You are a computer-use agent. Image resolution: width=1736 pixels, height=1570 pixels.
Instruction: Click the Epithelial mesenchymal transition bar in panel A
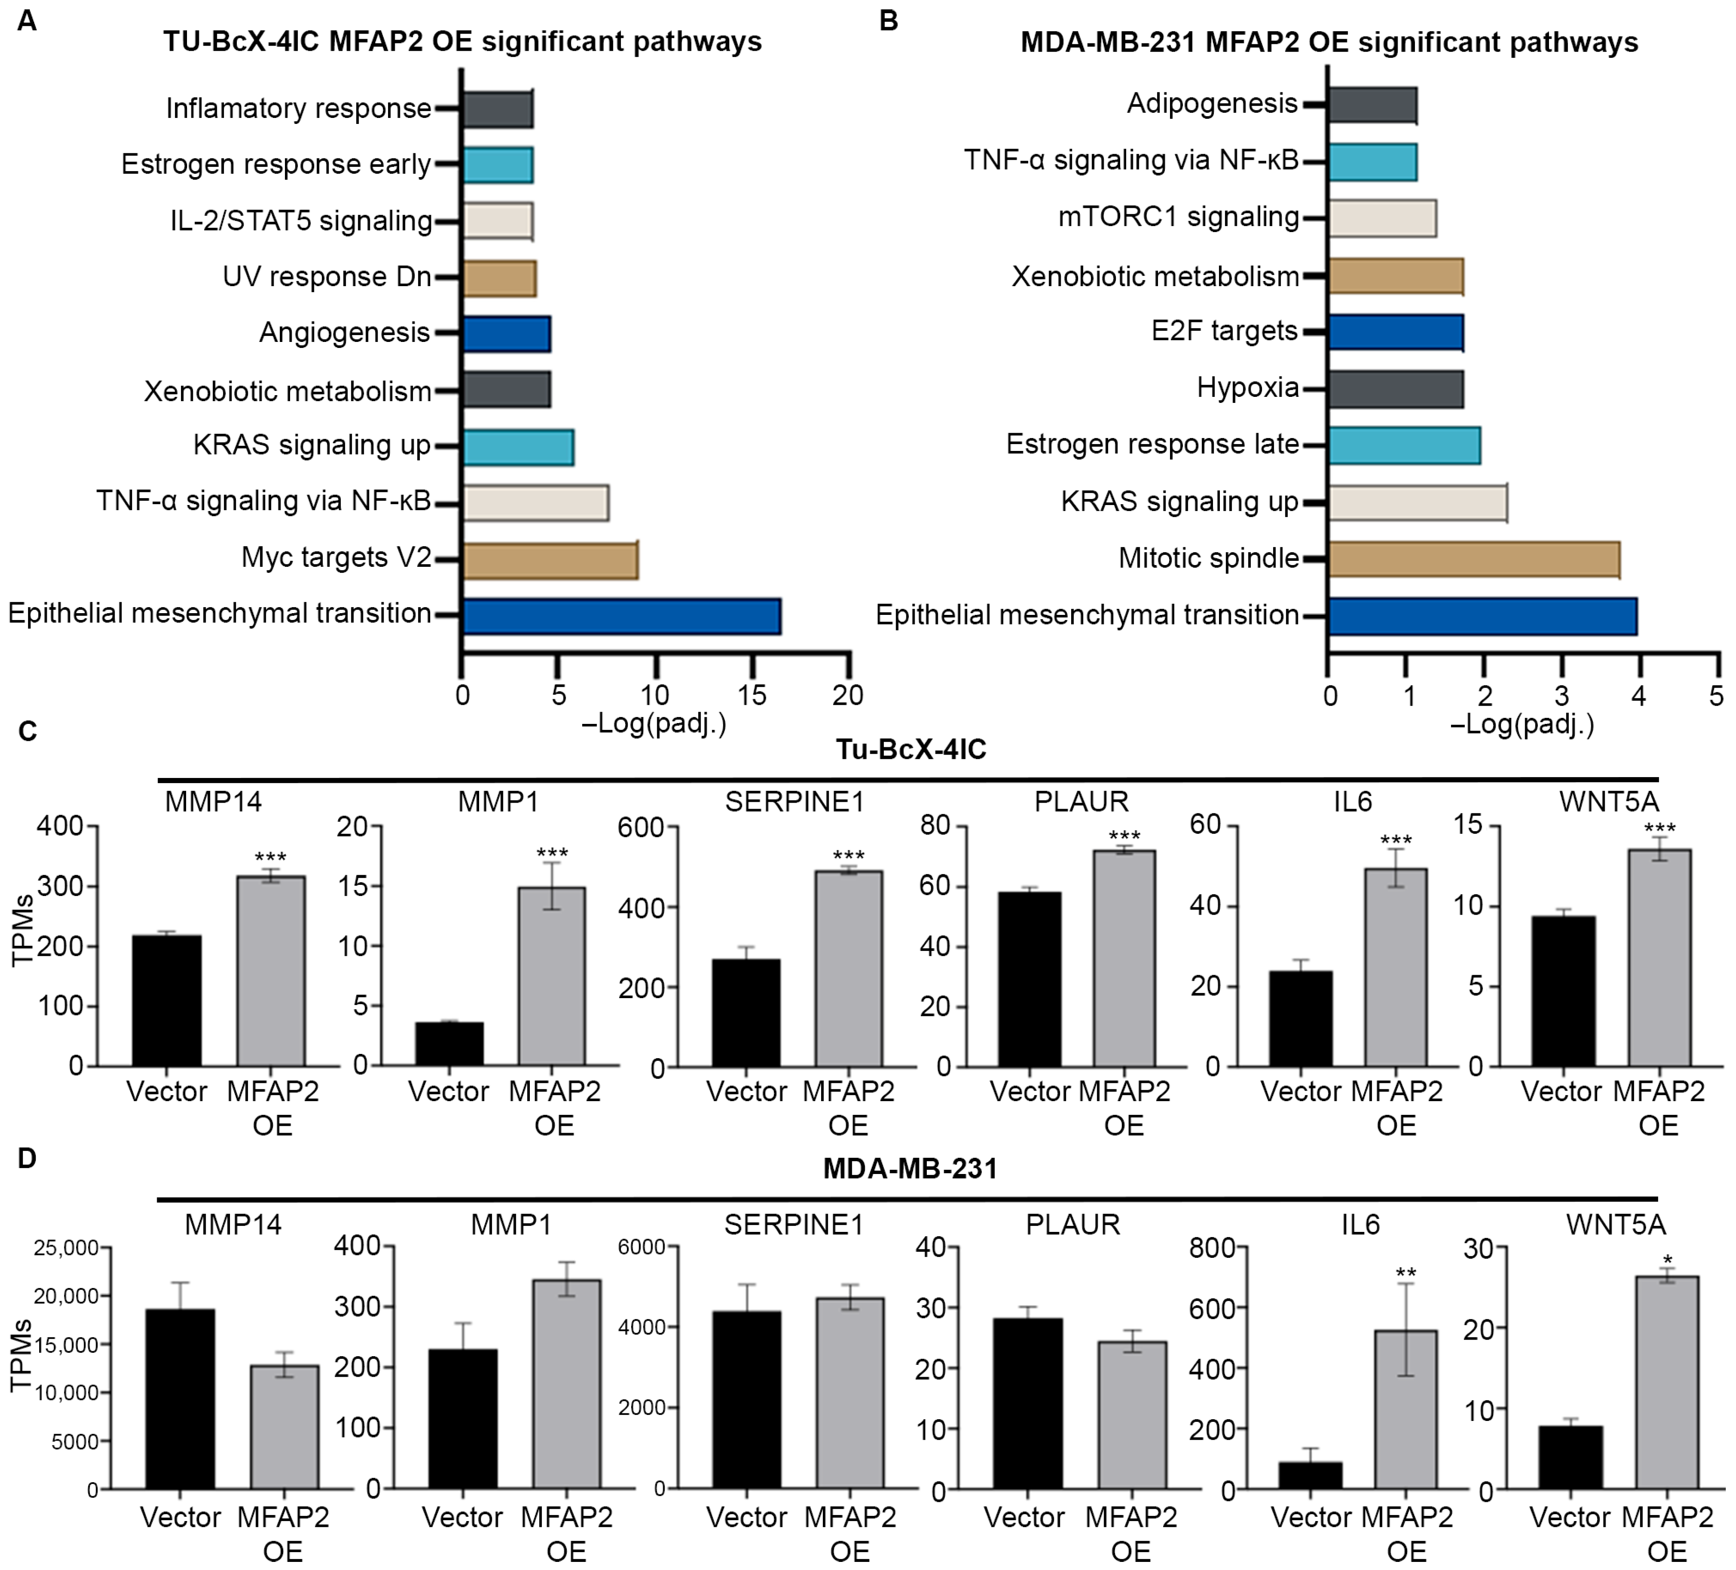(x=622, y=616)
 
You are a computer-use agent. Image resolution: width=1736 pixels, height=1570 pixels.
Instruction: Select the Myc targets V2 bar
(x=550, y=560)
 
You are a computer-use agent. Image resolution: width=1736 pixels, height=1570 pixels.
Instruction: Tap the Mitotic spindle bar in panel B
(x=1474, y=560)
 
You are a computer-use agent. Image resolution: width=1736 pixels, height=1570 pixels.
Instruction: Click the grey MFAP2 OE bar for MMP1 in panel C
(x=552, y=977)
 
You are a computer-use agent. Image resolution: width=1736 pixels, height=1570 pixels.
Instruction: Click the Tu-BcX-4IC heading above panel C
(x=911, y=750)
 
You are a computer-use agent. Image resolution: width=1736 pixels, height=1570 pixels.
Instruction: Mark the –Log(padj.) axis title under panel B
(x=1523, y=725)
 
